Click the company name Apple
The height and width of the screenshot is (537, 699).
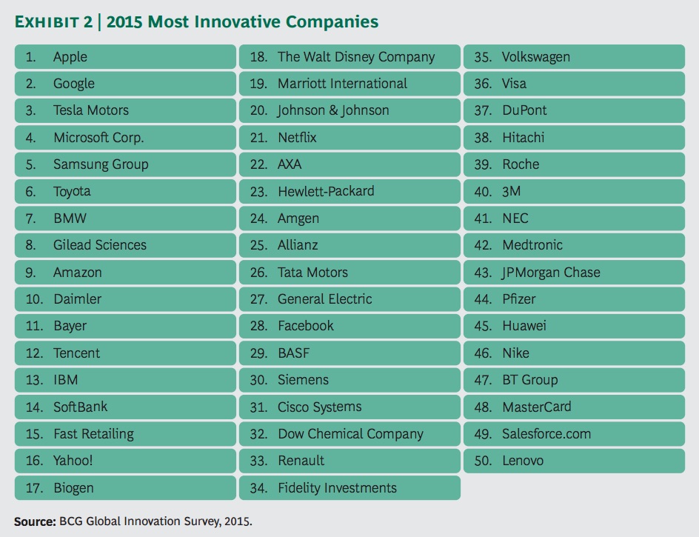point(70,57)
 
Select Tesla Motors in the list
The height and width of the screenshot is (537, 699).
point(90,110)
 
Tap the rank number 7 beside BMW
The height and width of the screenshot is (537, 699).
point(30,219)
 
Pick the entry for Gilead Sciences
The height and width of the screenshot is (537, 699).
point(99,245)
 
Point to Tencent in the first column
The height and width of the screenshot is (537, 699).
point(76,353)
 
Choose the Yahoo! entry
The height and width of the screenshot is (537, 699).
point(73,461)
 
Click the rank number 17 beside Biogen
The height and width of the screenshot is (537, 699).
point(34,488)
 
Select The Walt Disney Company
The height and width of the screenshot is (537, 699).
point(356,57)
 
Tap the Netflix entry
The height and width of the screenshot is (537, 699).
point(297,138)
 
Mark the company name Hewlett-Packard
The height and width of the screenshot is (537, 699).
point(326,191)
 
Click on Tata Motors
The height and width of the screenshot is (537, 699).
point(312,273)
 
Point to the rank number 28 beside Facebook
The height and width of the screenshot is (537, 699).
point(258,326)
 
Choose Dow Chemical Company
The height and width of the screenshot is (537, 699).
point(350,434)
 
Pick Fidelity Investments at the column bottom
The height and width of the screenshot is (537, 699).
point(337,488)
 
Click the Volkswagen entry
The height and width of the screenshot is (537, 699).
point(535,57)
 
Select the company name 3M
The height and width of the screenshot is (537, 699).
point(511,191)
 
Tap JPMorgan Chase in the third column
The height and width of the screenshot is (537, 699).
point(551,273)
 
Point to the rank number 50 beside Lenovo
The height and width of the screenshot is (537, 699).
point(483,461)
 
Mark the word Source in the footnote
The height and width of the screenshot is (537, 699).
point(34,521)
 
